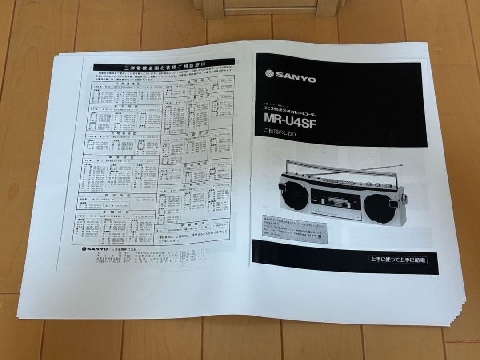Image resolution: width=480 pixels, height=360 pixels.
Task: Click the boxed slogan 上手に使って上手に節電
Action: click(x=398, y=259)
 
